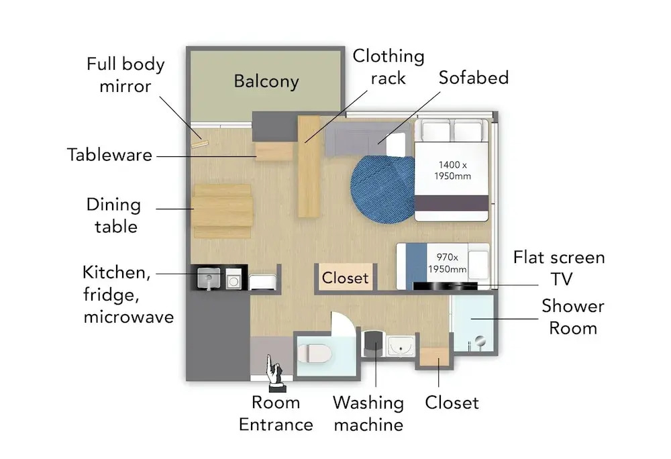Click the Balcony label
[266, 81]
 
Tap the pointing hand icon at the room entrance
[274, 373]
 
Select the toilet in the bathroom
[315, 354]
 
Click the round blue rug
[382, 189]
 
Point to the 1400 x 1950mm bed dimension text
[452, 170]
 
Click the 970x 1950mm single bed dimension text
[447, 262]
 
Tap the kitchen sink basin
[209, 278]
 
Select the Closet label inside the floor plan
[345, 278]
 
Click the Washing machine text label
[368, 413]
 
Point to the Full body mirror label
[125, 75]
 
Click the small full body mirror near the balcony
[199, 144]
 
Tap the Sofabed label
[474, 77]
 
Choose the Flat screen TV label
[559, 268]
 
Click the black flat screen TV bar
[445, 286]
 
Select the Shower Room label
[573, 317]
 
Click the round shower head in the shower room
[480, 341]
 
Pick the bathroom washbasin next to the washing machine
[401, 346]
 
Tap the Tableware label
[109, 155]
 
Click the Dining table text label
[114, 215]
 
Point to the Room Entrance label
[276, 413]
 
